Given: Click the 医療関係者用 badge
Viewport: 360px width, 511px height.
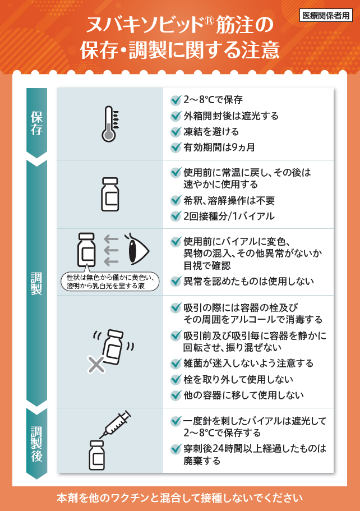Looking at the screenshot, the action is (x=326, y=15).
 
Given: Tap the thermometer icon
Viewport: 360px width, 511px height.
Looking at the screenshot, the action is (x=110, y=124).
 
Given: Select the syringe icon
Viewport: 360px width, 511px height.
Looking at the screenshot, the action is (x=115, y=424).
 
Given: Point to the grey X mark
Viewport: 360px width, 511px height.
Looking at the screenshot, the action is (x=96, y=365).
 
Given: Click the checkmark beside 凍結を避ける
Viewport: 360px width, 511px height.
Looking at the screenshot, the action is (x=176, y=132).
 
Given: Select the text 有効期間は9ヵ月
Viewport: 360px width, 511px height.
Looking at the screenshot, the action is (x=219, y=148).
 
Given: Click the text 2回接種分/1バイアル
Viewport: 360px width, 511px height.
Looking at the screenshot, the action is (x=229, y=216).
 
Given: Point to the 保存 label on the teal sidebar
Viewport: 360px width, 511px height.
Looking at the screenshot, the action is (x=36, y=123).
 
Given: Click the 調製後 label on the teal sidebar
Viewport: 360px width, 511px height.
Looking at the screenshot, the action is (x=36, y=444).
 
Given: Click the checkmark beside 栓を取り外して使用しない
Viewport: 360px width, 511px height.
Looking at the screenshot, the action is (x=176, y=379).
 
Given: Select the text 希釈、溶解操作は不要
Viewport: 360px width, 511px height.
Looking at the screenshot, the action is (x=229, y=200).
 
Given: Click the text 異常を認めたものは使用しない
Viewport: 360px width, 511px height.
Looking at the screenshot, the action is (x=248, y=281).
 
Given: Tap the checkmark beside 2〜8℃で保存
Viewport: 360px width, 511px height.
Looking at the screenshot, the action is (x=176, y=100).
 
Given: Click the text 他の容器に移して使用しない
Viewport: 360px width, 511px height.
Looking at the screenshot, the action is (x=243, y=395).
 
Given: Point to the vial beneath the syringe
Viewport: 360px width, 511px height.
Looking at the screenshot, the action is (x=97, y=455).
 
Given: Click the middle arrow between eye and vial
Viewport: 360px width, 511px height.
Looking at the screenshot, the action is (x=111, y=250).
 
